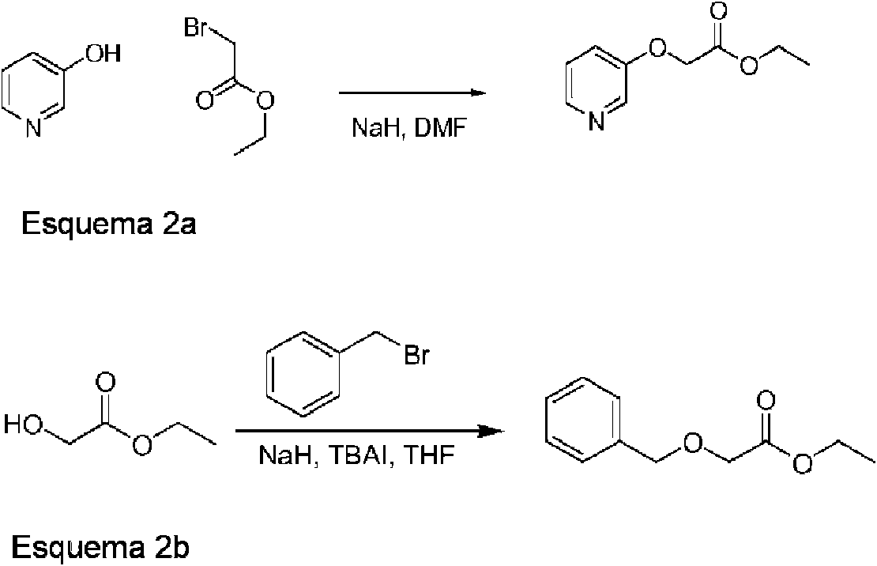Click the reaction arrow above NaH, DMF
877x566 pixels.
point(411,93)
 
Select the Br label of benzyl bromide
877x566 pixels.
point(416,356)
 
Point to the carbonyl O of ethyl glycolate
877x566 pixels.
point(105,384)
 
